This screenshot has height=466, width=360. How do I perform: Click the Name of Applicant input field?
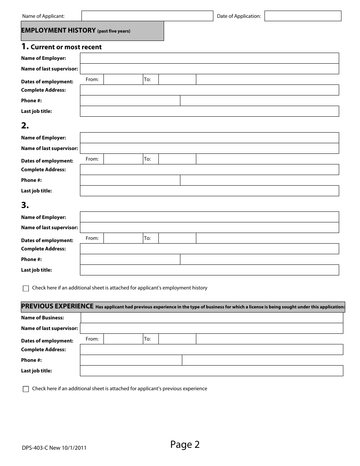tap(147, 16)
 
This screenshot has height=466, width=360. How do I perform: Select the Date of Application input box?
tap(303, 16)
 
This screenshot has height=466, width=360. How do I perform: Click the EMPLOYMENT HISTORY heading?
tap(58, 31)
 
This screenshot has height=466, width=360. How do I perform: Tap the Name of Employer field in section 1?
tap(209, 58)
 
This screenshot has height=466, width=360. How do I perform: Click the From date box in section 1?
tap(123, 80)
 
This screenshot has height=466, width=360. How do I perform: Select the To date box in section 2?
tap(177, 159)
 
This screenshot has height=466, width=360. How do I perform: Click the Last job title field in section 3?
tap(209, 270)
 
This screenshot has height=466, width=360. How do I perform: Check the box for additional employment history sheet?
tap(26, 288)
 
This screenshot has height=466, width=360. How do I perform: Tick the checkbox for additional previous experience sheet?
tap(26, 389)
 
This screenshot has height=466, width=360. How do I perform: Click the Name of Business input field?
tap(212, 318)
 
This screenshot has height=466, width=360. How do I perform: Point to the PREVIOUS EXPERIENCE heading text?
tap(57, 306)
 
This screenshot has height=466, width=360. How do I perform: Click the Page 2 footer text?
tap(185, 444)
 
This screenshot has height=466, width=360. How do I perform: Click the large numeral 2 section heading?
tap(25, 126)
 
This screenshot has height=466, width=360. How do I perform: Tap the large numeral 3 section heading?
tap(25, 205)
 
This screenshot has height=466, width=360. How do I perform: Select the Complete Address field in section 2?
tap(209, 170)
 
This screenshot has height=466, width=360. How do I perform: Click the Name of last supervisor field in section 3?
tap(209, 228)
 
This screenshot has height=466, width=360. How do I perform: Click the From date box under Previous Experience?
tap(123, 339)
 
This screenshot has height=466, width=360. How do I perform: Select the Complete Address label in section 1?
tap(43, 90)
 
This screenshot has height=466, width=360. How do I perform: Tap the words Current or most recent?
tap(66, 47)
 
